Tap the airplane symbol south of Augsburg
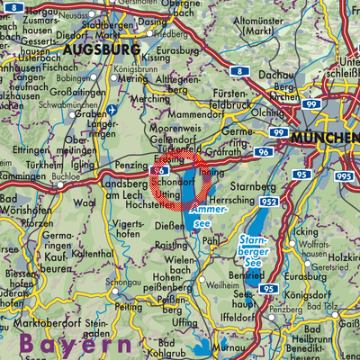point(112,111)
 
